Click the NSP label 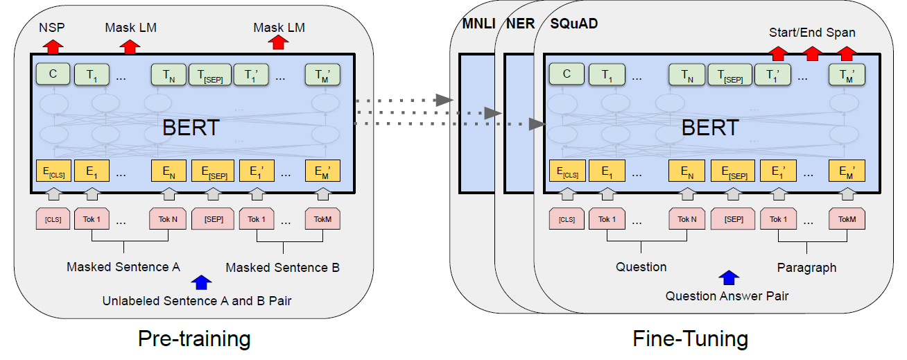pyautogui.click(x=52, y=27)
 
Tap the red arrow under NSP pyautogui.click(x=53, y=46)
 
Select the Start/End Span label pyautogui.click(x=812, y=33)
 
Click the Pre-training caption pyautogui.click(x=193, y=338)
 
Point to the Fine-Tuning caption pyautogui.click(x=690, y=338)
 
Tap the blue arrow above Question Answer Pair pyautogui.click(x=727, y=278)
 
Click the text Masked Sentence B pyautogui.click(x=282, y=267)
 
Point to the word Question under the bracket pyautogui.click(x=641, y=267)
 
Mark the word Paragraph pyautogui.click(x=806, y=267)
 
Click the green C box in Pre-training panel pyautogui.click(x=53, y=74)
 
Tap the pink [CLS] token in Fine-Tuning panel pyautogui.click(x=567, y=219)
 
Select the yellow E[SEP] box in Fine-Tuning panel pyautogui.click(x=729, y=171)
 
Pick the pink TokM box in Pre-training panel pyautogui.click(x=322, y=219)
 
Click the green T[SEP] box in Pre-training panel pyautogui.click(x=209, y=74)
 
